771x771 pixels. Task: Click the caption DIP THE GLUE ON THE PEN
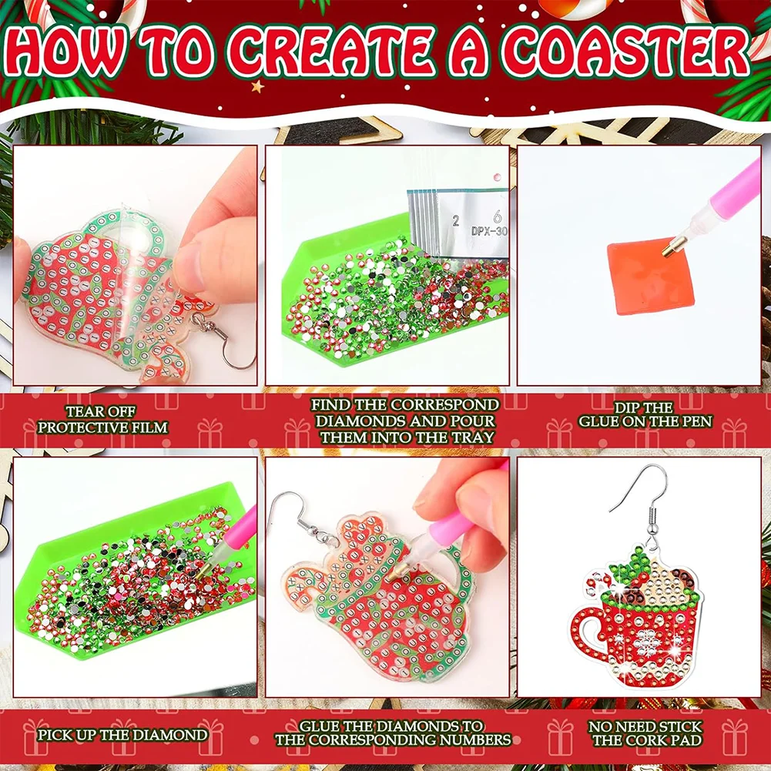[x=645, y=414]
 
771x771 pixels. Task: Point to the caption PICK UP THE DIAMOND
[x=122, y=734]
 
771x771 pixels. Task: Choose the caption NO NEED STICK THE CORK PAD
[x=645, y=733]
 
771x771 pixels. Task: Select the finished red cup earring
[x=636, y=616]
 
